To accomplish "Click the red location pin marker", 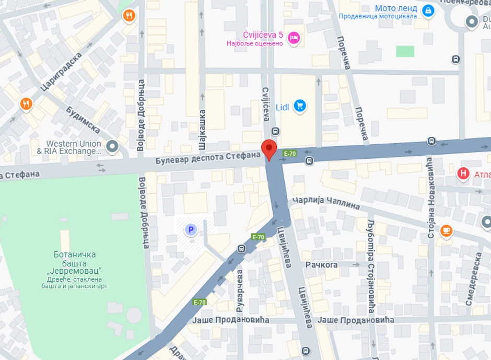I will coord(269,148).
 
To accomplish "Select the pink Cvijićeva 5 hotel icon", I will coord(294,37).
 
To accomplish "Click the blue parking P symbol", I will coord(191,229).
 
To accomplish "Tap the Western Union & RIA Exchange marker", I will coord(112,147).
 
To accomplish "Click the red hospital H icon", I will coord(463,173).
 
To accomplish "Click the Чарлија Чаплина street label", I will coord(326,202).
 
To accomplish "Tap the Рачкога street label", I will coord(322,264).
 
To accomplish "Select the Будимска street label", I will coord(83,119).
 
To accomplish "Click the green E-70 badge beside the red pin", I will coord(289,154).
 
